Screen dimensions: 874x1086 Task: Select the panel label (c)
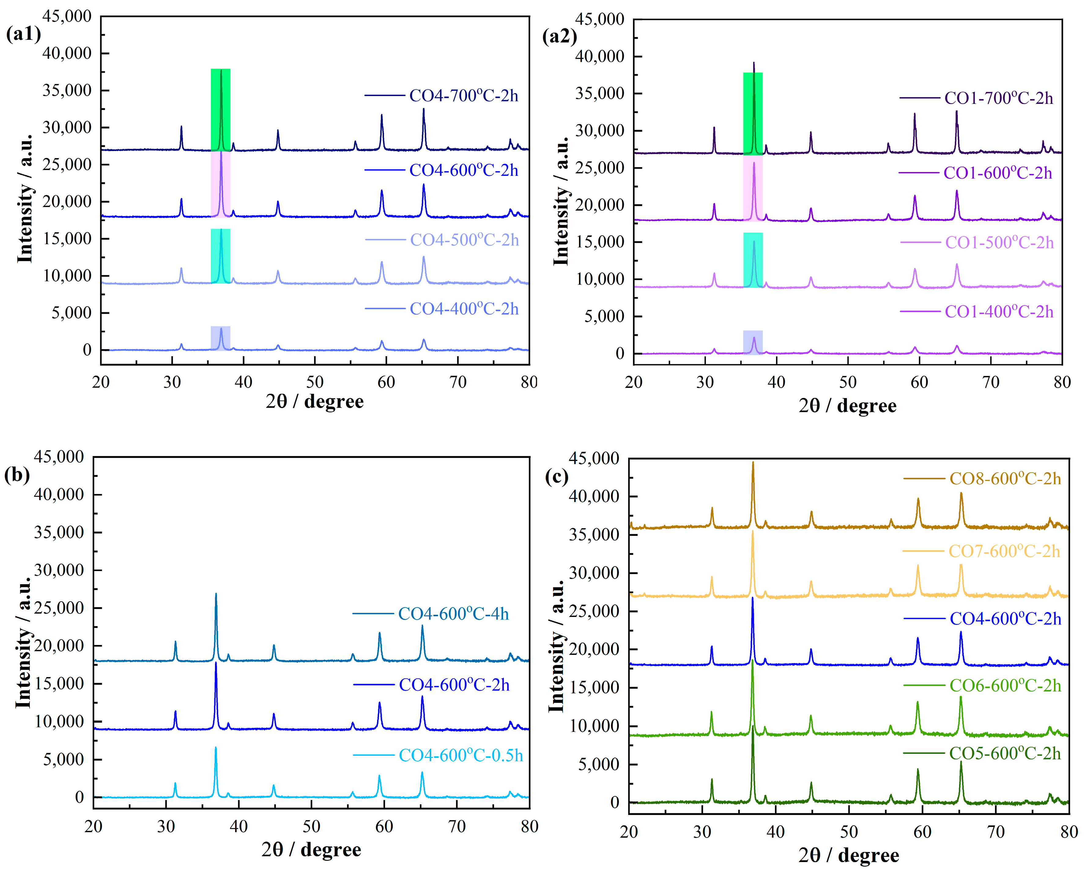point(557,476)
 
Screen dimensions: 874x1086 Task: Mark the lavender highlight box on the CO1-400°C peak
point(753,342)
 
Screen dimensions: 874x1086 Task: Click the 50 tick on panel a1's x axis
point(315,383)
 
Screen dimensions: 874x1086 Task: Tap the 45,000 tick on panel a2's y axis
point(599,19)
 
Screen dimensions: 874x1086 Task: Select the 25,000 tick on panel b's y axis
point(65,608)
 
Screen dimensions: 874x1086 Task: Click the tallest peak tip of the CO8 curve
point(753,463)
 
